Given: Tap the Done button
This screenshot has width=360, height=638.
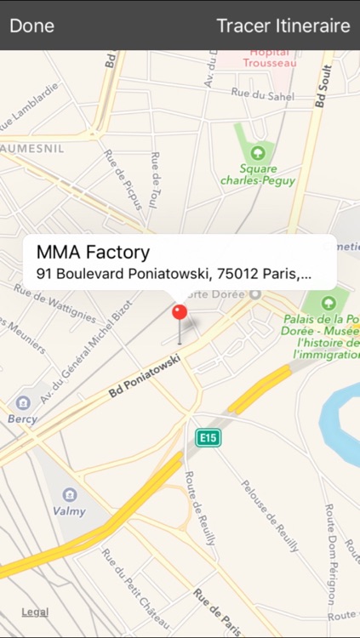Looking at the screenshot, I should (32, 26).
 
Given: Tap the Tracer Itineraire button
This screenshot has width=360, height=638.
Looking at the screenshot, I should (283, 26).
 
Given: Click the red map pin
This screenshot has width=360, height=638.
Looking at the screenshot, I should (180, 313).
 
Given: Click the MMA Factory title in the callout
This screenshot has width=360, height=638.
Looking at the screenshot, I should (93, 252).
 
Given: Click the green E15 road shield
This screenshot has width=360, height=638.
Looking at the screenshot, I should (207, 437).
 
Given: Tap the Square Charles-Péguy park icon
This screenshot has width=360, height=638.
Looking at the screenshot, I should (260, 153).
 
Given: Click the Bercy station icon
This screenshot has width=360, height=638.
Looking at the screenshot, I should (23, 402).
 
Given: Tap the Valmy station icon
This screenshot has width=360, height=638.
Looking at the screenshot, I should (70, 494).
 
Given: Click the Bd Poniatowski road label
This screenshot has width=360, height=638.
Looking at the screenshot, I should (146, 376).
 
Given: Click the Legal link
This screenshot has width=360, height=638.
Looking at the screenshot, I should (35, 612).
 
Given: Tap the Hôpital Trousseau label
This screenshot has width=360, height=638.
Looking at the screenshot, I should (266, 57).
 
